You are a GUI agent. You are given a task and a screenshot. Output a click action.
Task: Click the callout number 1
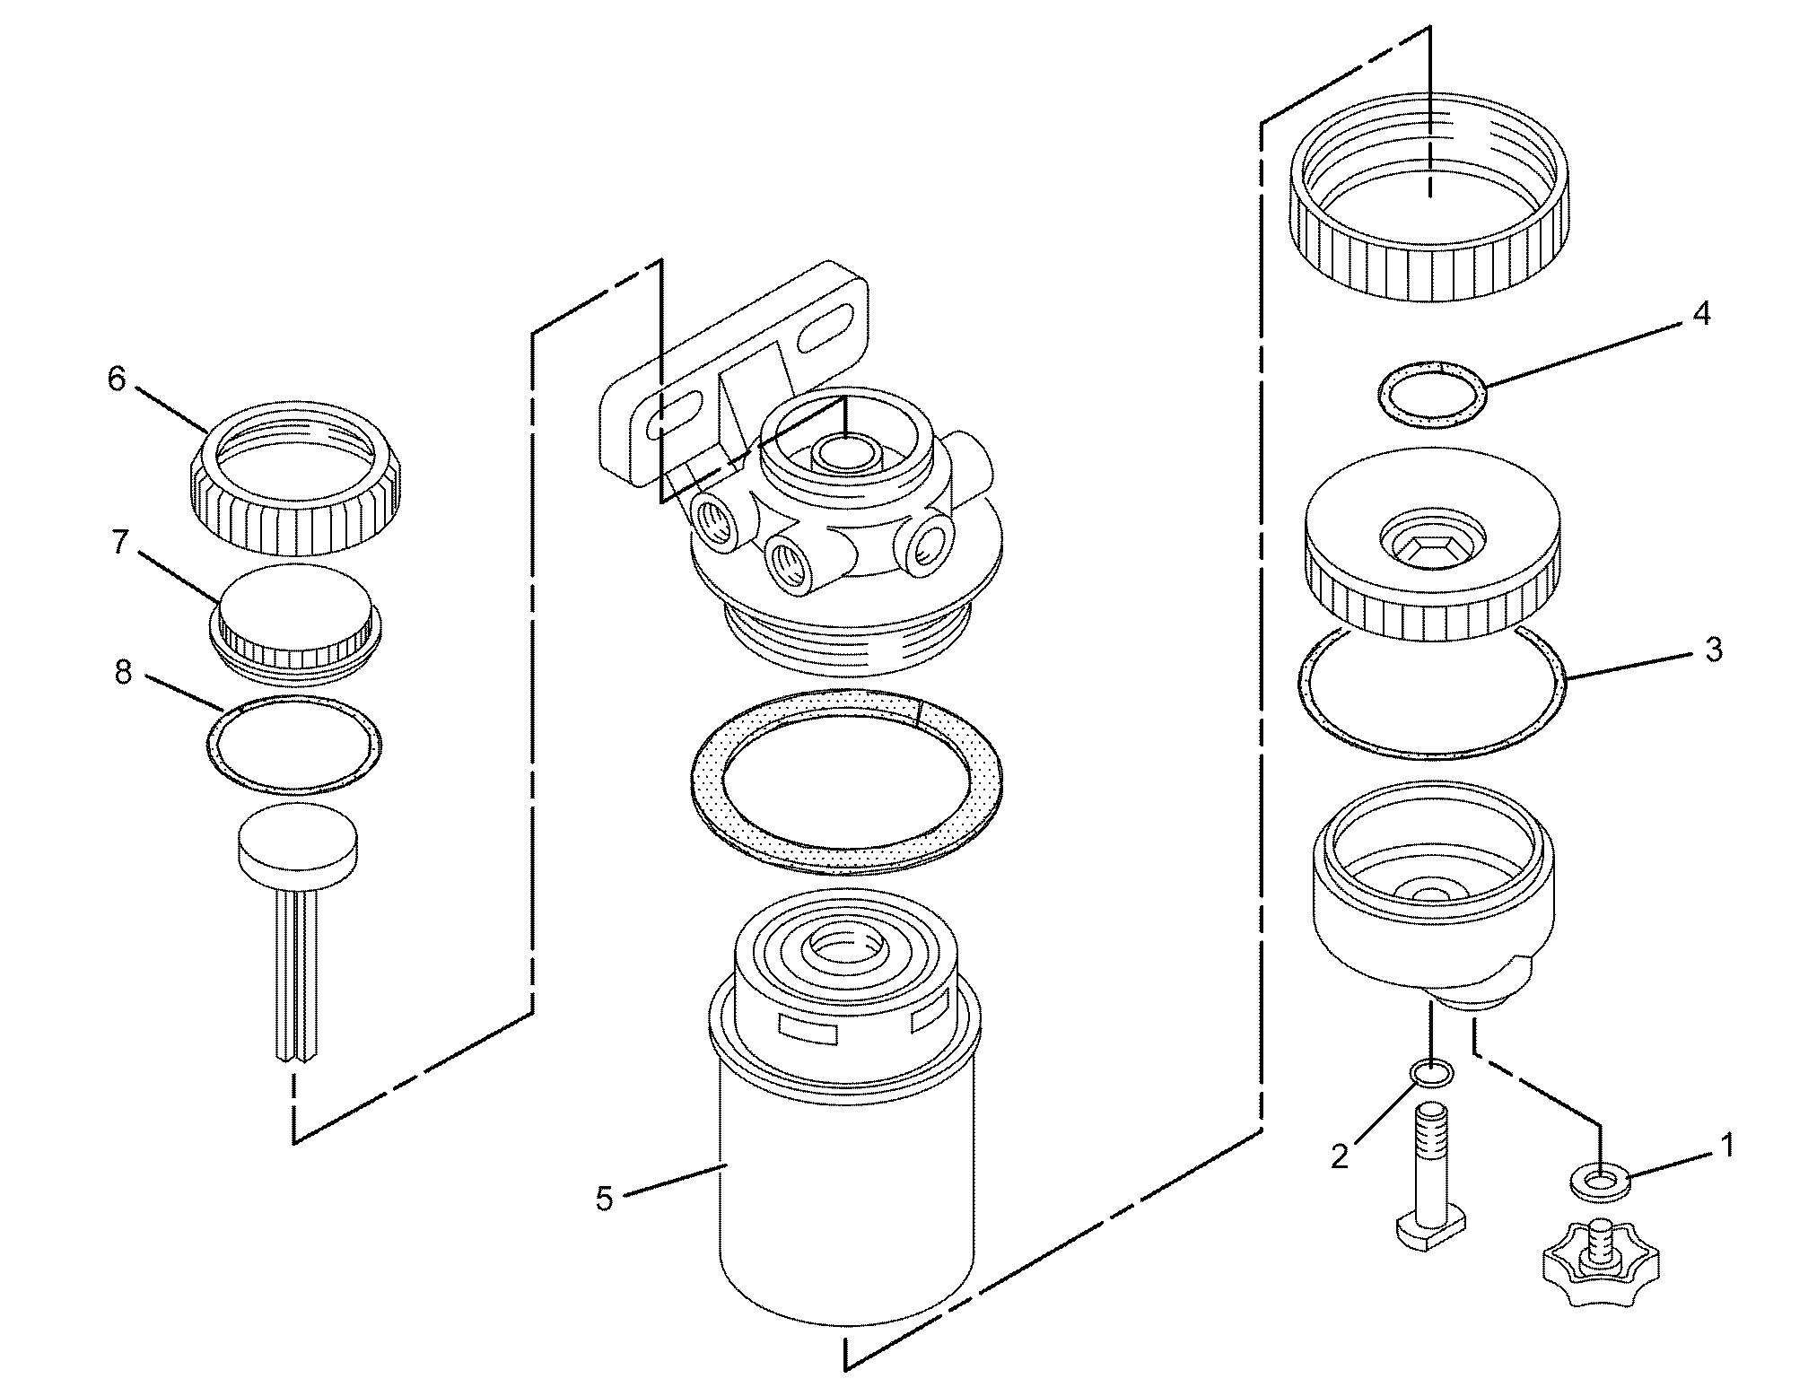1725,1146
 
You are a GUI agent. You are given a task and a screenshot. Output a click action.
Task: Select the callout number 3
1713,650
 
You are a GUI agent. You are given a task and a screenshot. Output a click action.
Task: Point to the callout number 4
1700,314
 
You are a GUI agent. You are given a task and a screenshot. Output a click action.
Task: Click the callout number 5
605,1199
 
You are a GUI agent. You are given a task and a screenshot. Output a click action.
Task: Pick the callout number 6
117,380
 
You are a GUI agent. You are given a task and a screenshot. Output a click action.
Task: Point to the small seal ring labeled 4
1431,392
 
